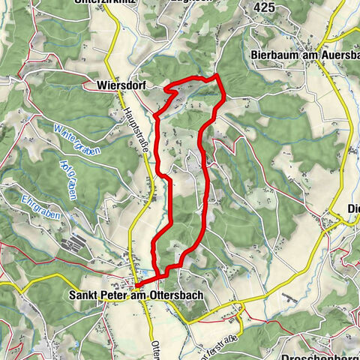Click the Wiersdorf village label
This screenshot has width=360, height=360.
[x=121, y=85]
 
